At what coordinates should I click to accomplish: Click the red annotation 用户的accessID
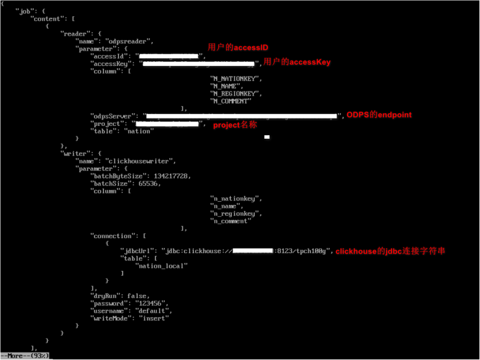pos(238,47)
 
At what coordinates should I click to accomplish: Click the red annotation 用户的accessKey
pos(297,62)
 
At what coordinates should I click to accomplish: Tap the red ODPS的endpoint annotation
pos(379,115)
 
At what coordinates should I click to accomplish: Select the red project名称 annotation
pos(235,125)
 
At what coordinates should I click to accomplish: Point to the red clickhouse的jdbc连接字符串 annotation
pos(390,251)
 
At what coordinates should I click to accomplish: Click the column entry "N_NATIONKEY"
pos(236,79)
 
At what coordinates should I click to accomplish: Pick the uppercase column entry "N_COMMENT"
pos(231,101)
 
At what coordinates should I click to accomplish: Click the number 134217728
pos(172,176)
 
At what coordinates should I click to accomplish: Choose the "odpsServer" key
pos(113,116)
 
